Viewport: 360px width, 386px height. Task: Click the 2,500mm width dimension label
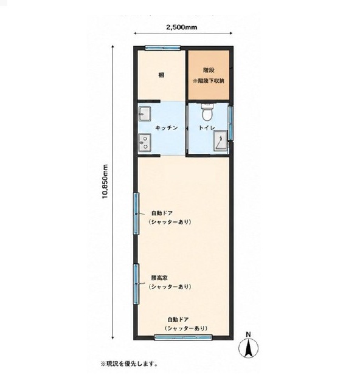[182, 27]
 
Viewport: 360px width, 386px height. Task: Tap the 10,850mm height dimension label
[105, 181]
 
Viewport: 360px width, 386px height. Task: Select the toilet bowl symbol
[207, 112]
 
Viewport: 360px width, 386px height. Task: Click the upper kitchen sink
[144, 114]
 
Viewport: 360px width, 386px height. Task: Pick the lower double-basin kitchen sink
[144, 142]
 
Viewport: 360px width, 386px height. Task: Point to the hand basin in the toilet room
[220, 140]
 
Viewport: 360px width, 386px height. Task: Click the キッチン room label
[167, 128]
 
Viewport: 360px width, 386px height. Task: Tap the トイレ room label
[207, 128]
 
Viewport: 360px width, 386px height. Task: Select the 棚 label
[161, 75]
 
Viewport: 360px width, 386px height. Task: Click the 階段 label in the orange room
[209, 71]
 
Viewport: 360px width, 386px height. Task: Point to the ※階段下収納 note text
[209, 81]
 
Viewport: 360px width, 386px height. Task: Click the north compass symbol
[249, 348]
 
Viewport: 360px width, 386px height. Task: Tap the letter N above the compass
[249, 334]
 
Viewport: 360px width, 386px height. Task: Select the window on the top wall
[162, 48]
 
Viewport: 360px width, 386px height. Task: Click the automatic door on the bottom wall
[183, 337]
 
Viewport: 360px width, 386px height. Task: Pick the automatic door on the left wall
[136, 213]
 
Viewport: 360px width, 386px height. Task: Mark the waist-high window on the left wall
[136, 284]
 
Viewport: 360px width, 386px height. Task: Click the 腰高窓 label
[159, 278]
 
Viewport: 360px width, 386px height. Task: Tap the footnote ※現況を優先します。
[129, 364]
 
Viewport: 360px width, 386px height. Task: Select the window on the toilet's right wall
[230, 123]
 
